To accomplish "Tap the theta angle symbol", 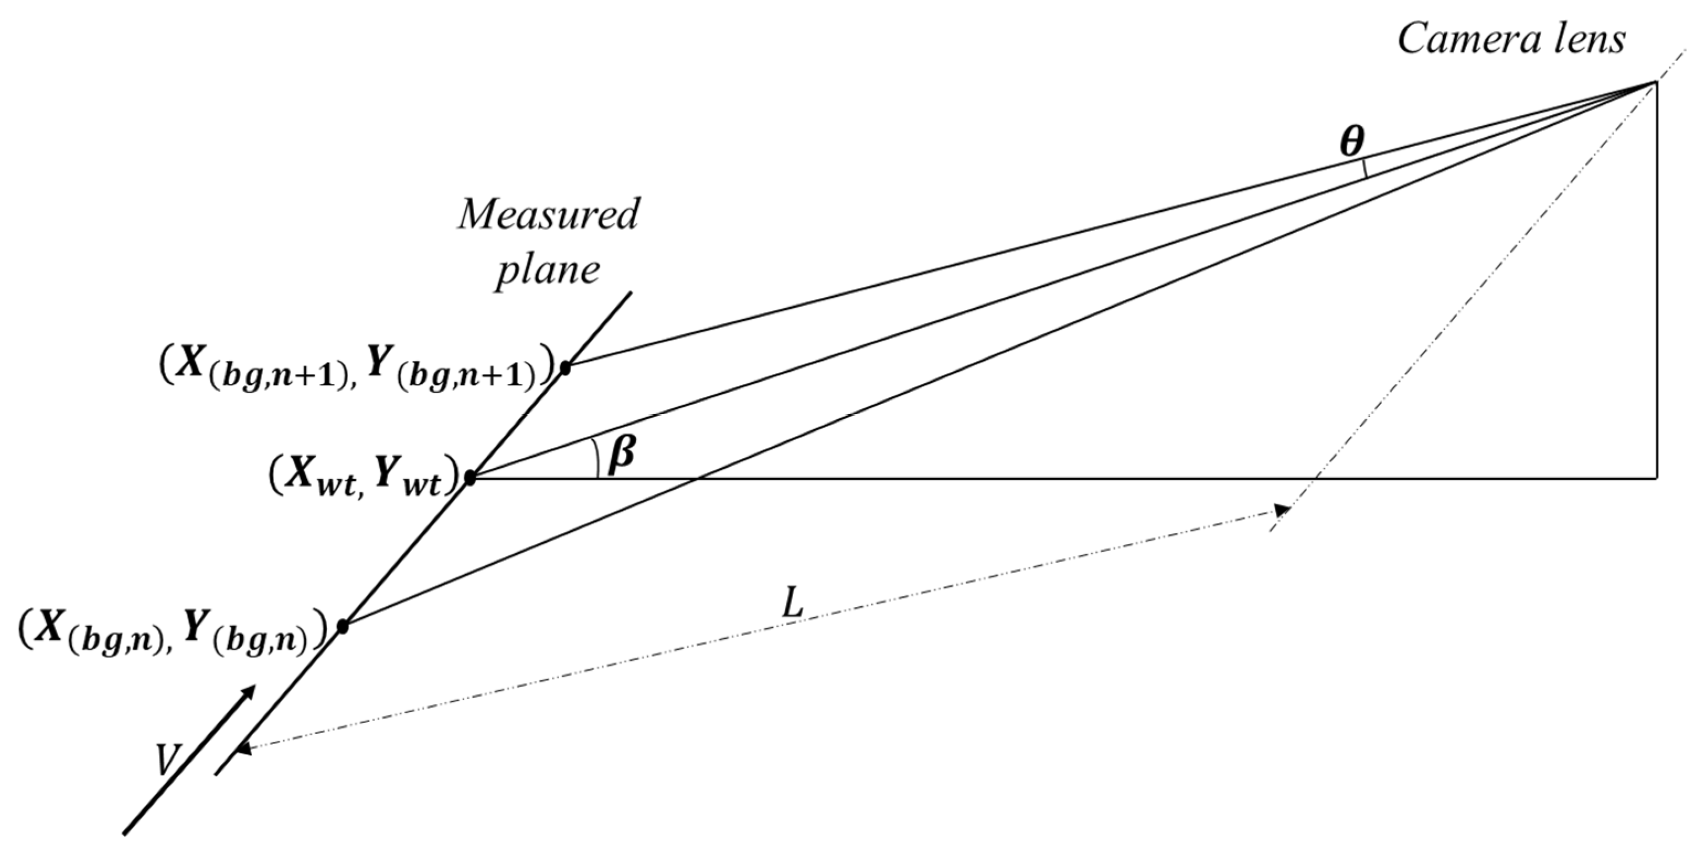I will [1352, 142].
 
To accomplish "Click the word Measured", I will [548, 215].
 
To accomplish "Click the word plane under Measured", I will [548, 270].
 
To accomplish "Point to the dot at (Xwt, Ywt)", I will [470, 477].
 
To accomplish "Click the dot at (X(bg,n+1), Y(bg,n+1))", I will [564, 367].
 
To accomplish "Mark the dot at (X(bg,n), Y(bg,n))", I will [342, 626].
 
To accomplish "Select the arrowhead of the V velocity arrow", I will [249, 691].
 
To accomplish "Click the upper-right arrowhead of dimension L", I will [1283, 510].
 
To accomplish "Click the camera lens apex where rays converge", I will [1655, 82].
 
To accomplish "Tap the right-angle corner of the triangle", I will [1656, 477].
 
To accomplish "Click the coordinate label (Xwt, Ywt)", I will [364, 477].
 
